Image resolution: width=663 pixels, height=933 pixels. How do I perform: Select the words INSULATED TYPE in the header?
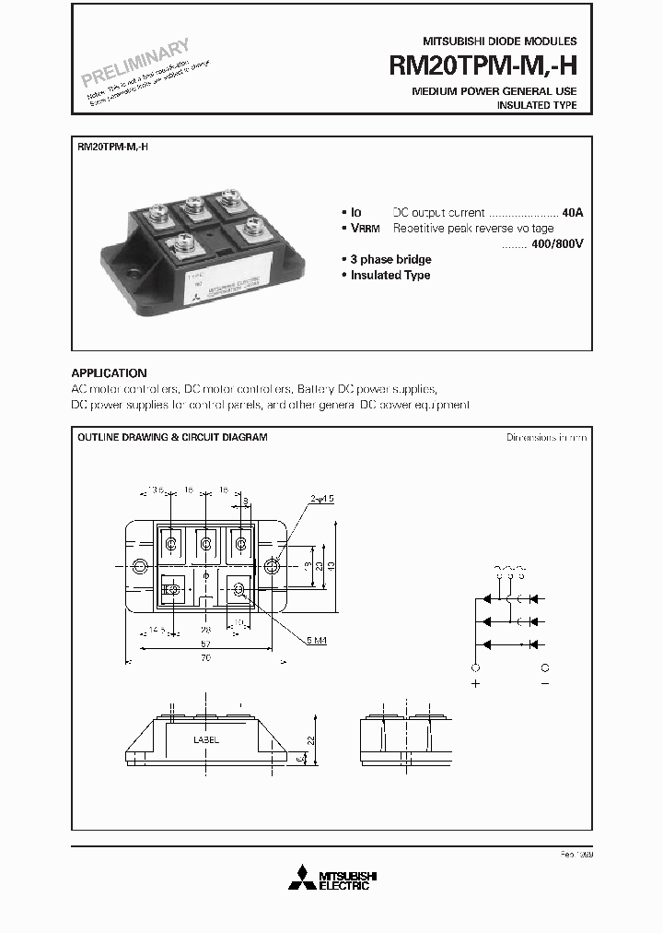537,106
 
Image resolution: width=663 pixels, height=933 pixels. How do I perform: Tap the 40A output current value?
572,212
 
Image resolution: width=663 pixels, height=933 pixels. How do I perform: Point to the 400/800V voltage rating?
558,243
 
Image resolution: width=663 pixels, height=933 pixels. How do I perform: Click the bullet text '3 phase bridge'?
390,260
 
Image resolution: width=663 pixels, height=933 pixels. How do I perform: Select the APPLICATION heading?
109,373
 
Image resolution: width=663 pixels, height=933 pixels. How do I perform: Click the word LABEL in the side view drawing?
206,740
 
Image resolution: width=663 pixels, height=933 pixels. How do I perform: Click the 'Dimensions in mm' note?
545,437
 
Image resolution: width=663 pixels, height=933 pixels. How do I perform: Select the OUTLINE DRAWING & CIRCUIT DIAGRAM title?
172,437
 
